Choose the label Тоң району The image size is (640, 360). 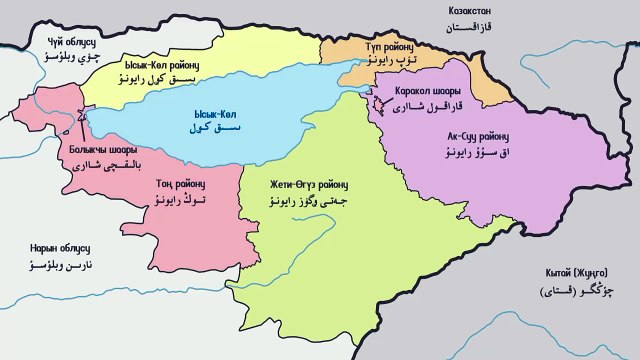pos(179,183)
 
